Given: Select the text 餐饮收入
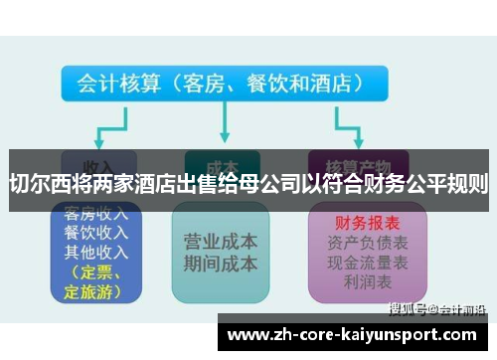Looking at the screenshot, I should click(93, 233).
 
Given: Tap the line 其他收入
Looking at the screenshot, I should click(93, 252).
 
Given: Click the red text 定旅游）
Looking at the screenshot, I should click(92, 291).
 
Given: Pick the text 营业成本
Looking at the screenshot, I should click(221, 242).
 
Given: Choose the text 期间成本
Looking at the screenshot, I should click(221, 264).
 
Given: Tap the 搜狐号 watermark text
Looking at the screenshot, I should click(411, 308).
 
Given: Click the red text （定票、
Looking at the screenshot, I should click(92, 272).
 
